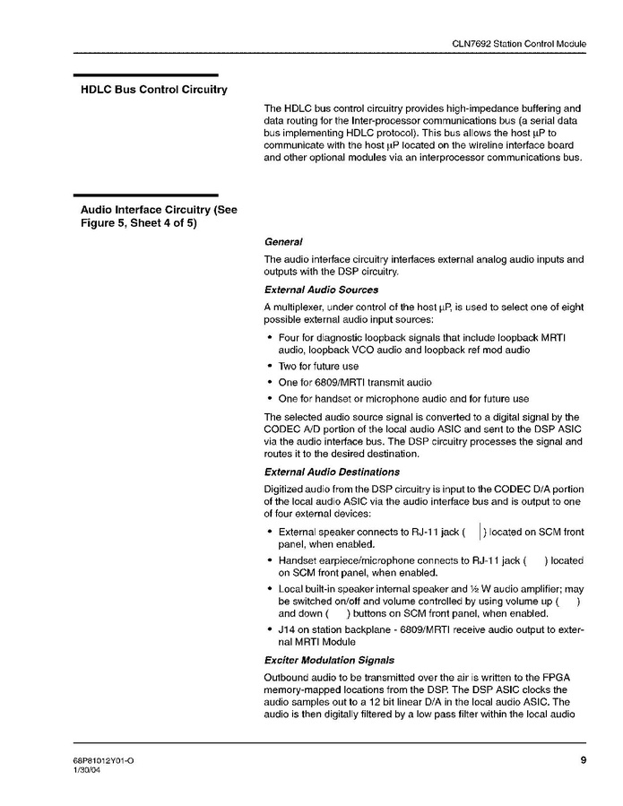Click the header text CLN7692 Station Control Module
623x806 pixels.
click(518, 43)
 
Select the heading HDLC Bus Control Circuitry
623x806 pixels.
click(154, 90)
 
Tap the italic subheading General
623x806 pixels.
click(283, 242)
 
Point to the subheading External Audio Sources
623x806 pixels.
click(321, 290)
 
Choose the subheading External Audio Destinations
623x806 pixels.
click(332, 472)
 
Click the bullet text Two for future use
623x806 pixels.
click(318, 366)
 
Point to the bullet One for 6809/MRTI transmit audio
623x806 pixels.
click(355, 382)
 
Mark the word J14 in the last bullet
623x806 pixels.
click(288, 629)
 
